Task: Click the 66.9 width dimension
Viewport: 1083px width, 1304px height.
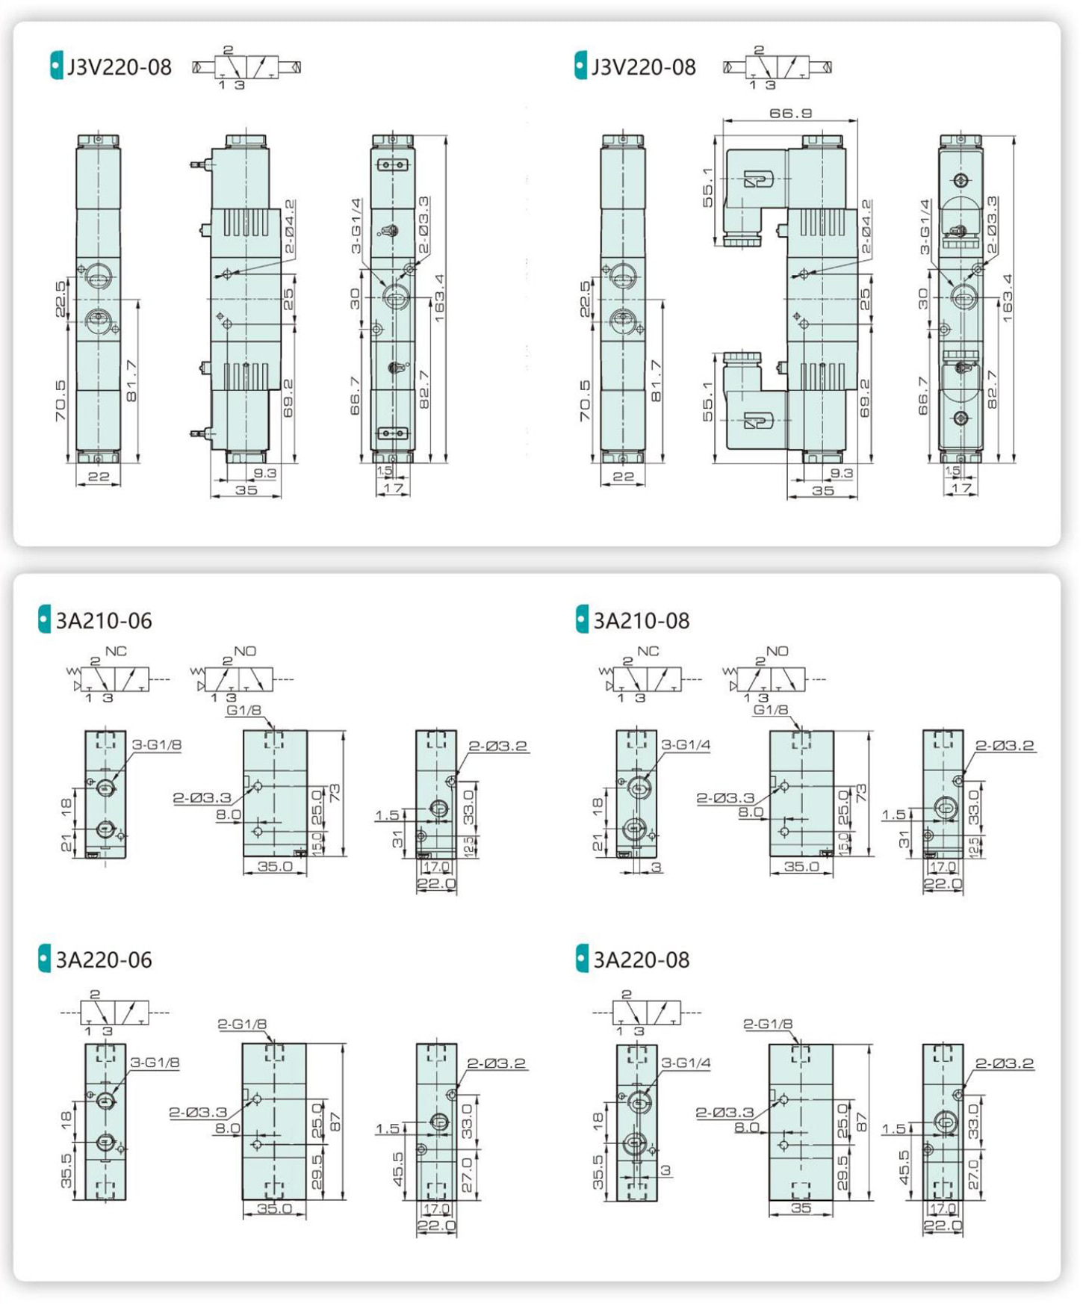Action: (x=790, y=113)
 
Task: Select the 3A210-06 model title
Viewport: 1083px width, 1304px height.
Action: (x=104, y=621)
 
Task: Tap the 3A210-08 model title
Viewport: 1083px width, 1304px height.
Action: (x=641, y=621)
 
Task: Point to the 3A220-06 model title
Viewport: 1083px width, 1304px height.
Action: (x=104, y=960)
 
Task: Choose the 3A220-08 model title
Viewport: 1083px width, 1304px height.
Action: (x=641, y=960)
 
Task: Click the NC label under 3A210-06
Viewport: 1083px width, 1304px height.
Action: (x=116, y=652)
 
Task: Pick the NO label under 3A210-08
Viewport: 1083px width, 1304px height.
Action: (x=777, y=652)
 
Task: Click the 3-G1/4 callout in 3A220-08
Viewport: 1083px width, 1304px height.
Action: (x=686, y=1063)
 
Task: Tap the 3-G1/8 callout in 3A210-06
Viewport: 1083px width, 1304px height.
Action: (x=156, y=745)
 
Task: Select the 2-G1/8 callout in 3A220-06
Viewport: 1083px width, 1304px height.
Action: (x=243, y=1025)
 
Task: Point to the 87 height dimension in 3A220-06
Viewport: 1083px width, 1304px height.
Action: (x=335, y=1121)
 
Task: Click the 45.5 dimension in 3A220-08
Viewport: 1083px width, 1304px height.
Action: (x=904, y=1167)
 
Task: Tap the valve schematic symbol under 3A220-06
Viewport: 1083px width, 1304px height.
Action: (x=114, y=1013)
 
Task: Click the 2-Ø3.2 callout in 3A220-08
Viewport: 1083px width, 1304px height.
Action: (x=1005, y=1063)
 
